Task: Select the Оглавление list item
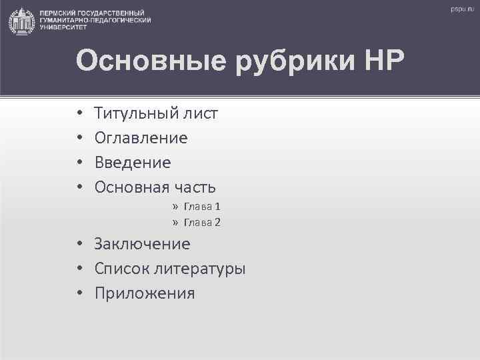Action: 141,139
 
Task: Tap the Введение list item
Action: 133,163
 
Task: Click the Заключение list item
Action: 142,244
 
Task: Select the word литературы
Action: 199,269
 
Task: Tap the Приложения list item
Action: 145,293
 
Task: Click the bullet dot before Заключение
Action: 79,245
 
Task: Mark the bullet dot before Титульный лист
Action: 79,114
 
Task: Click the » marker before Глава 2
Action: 175,222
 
